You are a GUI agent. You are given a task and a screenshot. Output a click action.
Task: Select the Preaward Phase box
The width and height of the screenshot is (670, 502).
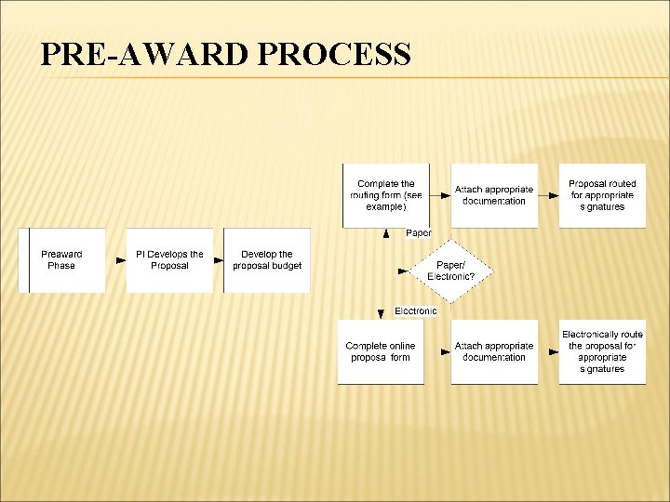(x=61, y=260)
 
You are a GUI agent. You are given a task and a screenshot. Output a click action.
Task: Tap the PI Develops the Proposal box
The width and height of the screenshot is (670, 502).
(x=169, y=260)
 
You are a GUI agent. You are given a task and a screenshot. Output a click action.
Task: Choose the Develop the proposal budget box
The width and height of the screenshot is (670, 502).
(x=267, y=260)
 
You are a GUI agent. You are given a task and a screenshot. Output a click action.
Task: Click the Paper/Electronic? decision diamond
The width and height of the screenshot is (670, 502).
(x=450, y=271)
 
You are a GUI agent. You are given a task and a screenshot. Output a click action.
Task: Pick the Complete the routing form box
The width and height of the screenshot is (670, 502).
(x=385, y=195)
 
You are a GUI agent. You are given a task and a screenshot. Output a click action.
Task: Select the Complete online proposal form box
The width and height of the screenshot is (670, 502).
(x=380, y=351)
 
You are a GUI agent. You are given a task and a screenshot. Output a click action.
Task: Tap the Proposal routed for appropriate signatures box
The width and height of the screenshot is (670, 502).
(x=602, y=195)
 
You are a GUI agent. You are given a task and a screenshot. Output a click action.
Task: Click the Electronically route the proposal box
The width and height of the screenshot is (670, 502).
(x=602, y=351)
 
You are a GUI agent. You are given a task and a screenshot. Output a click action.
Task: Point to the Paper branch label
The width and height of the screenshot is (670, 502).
(x=419, y=233)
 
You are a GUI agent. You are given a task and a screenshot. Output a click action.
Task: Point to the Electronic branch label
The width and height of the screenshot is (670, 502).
(x=415, y=310)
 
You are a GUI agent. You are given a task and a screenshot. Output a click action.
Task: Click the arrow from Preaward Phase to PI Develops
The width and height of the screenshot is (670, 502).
(x=119, y=260)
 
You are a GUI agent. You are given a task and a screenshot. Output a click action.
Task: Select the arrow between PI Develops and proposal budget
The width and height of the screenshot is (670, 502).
(x=219, y=260)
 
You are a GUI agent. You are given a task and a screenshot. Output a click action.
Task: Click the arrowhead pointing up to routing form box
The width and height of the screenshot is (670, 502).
(x=385, y=235)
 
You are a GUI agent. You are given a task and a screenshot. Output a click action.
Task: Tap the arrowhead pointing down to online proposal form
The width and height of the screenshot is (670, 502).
(x=381, y=314)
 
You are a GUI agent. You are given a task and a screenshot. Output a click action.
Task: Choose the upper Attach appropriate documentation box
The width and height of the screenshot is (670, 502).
(x=494, y=195)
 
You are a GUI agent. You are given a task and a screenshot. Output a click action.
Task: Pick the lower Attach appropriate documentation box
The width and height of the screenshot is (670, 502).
(x=494, y=351)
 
